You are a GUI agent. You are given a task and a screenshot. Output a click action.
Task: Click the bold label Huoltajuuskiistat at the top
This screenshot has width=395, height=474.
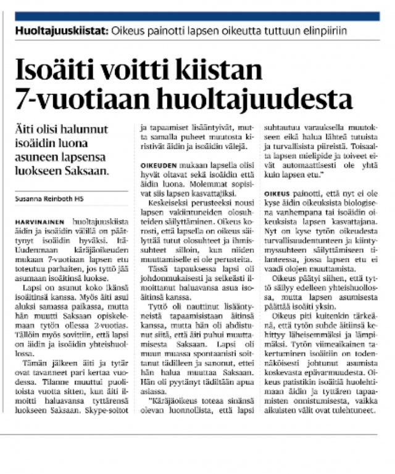pyautogui.click(x=62, y=30)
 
